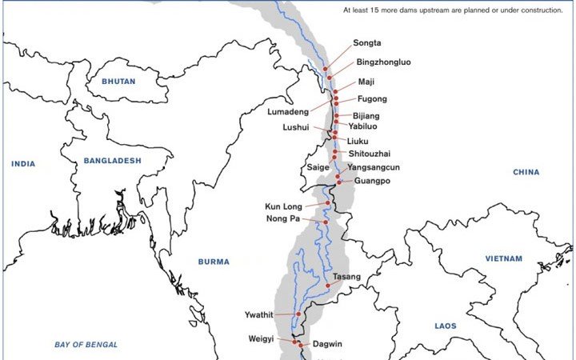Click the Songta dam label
pos(368,43)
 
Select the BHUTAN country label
pos(118,82)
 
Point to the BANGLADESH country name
pos(112,161)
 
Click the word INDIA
pos(23,164)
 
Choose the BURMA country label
pos(214,262)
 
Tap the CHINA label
pos(526,172)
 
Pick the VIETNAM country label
pos(503,258)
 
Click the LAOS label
pos(446,326)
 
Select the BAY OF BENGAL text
pos(86,345)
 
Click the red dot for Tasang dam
pos(328,286)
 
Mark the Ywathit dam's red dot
pos(298,314)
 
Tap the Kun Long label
pos(286,206)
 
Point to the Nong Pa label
pos(283,218)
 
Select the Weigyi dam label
pos(260,338)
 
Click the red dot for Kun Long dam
pos(327,203)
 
